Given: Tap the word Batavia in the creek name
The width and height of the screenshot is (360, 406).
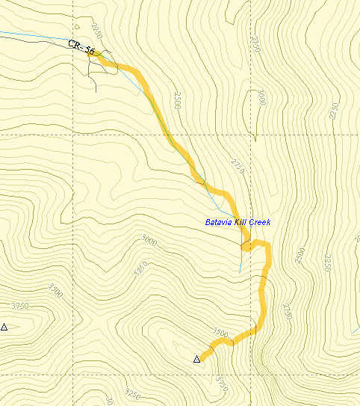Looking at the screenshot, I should click(x=219, y=222).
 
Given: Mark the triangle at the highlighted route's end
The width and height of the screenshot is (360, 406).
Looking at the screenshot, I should click(x=197, y=360).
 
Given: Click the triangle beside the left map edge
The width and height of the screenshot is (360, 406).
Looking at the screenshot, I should click(x=4, y=327).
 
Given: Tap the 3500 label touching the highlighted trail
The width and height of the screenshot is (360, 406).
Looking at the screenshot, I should click(x=220, y=331).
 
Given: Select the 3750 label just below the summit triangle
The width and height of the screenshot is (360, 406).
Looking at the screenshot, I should click(x=220, y=381).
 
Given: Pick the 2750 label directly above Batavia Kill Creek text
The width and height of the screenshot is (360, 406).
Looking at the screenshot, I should click(x=238, y=165).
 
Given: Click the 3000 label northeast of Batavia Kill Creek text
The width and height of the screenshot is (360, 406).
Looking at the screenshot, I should click(x=261, y=98).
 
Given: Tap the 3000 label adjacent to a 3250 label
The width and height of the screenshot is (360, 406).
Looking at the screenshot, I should click(x=149, y=240).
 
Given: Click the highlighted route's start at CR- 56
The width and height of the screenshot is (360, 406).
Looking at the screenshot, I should click(x=98, y=55).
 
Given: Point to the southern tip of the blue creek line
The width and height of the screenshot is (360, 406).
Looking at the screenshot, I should click(x=240, y=272).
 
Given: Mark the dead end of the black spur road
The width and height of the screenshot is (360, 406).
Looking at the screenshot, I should click(x=96, y=90).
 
